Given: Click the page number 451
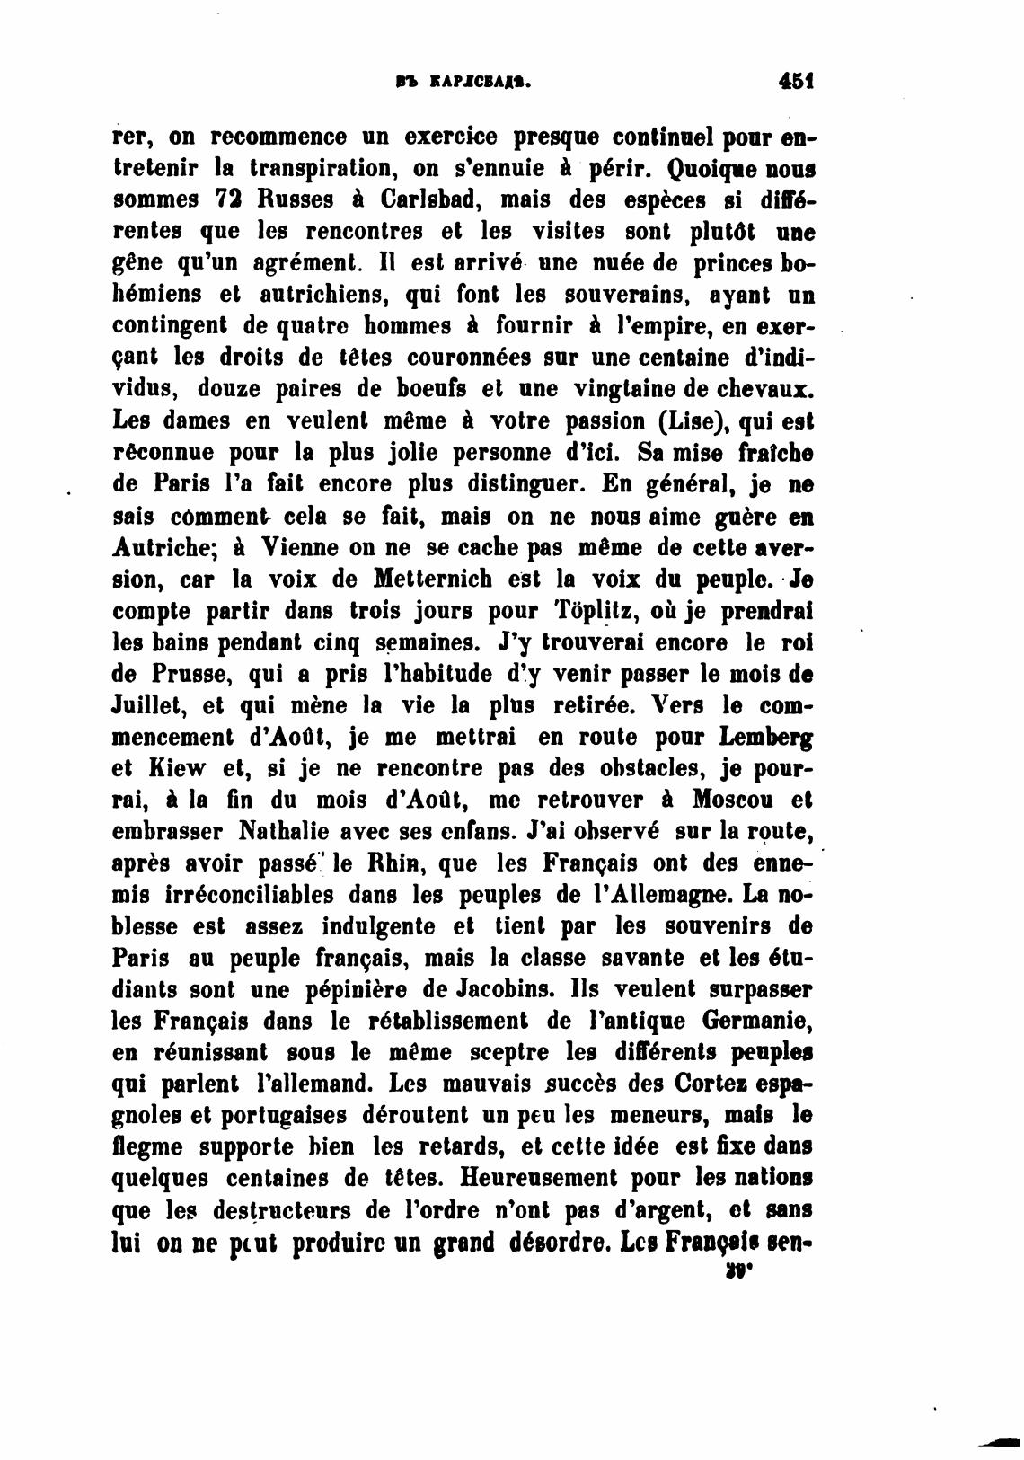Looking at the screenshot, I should coord(796,81).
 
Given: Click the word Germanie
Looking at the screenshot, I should coord(764,1022).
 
